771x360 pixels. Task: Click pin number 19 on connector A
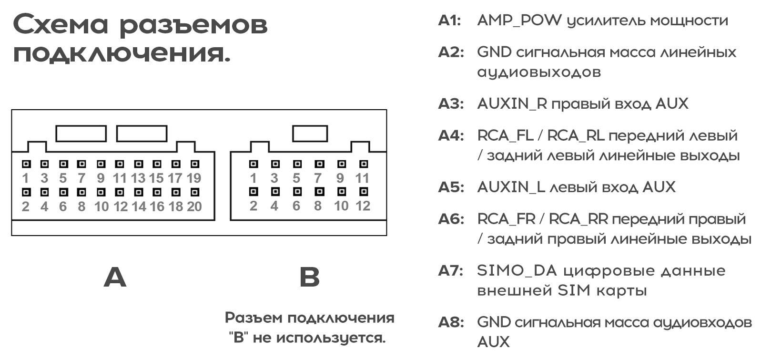click(194, 178)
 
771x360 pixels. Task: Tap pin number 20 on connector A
click(194, 206)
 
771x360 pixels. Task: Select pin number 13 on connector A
click(138, 178)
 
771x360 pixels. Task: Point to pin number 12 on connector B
click(363, 206)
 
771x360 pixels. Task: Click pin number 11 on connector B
click(362, 178)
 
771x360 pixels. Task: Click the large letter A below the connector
click(115, 277)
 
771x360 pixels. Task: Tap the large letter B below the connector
click(309, 277)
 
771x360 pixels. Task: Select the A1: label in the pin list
click(449, 21)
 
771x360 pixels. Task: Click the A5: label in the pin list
click(451, 187)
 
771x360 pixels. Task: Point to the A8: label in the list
click(451, 322)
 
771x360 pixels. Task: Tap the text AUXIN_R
click(512, 103)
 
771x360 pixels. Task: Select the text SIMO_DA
click(517, 271)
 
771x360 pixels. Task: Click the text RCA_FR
click(506, 219)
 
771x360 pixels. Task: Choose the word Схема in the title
click(61, 25)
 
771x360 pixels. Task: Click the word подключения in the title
click(122, 53)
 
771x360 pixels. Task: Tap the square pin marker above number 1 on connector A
click(26, 164)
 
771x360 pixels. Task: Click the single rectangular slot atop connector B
click(310, 134)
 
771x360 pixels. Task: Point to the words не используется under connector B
click(319, 338)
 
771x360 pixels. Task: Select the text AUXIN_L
click(511, 187)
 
